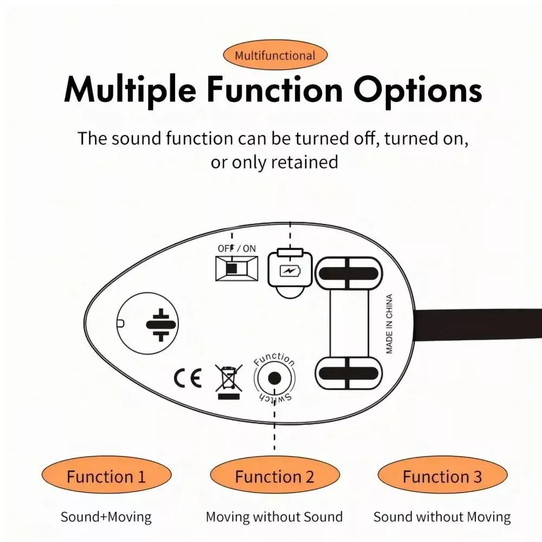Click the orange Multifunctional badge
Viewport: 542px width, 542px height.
pyautogui.click(x=275, y=55)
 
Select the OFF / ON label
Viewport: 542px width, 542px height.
pyautogui.click(x=237, y=249)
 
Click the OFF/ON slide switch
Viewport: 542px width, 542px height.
pyautogui.click(x=237, y=268)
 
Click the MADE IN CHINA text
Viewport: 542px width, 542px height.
pyautogui.click(x=389, y=324)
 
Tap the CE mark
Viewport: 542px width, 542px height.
pyautogui.click(x=188, y=377)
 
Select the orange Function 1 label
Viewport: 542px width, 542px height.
pyautogui.click(x=106, y=477)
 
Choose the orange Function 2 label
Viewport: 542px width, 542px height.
pyautogui.click(x=274, y=477)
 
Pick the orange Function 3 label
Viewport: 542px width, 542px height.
pyautogui.click(x=442, y=477)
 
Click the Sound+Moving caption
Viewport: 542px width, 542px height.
pyautogui.click(x=106, y=517)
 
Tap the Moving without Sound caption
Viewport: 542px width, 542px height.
pyautogui.click(x=274, y=517)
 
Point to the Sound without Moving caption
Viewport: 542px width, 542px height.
pyautogui.click(x=442, y=517)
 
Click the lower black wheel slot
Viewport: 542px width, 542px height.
pyautogui.click(x=348, y=373)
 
